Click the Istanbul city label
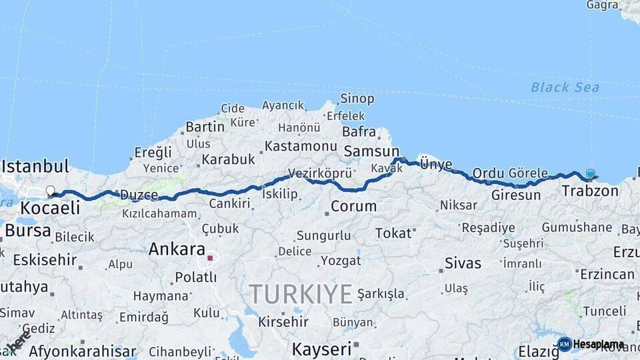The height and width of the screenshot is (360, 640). pyautogui.click(x=37, y=165)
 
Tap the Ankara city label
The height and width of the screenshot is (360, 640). pyautogui.click(x=176, y=249)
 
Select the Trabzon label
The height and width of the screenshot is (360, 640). pyautogui.click(x=590, y=191)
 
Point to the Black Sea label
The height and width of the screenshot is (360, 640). pyautogui.click(x=565, y=87)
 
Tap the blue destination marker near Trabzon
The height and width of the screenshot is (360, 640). pyautogui.click(x=590, y=175)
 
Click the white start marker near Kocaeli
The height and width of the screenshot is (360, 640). pyautogui.click(x=50, y=192)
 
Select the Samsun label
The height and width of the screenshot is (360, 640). pyautogui.click(x=371, y=151)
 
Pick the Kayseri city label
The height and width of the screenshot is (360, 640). pyautogui.click(x=321, y=348)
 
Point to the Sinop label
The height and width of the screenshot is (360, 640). pyautogui.click(x=357, y=99)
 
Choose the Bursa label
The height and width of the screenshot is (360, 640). pyautogui.click(x=28, y=231)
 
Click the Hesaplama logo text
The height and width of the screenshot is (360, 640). pyautogui.click(x=598, y=345)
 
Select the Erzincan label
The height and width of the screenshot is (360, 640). pyautogui.click(x=607, y=274)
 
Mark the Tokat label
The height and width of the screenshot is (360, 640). pyautogui.click(x=393, y=233)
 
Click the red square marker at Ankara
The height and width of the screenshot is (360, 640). pyautogui.click(x=210, y=257)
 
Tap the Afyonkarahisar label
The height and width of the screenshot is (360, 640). pyautogui.click(x=77, y=351)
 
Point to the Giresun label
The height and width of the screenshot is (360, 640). pyautogui.click(x=515, y=195)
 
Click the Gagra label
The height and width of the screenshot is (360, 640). pyautogui.click(x=602, y=5)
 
